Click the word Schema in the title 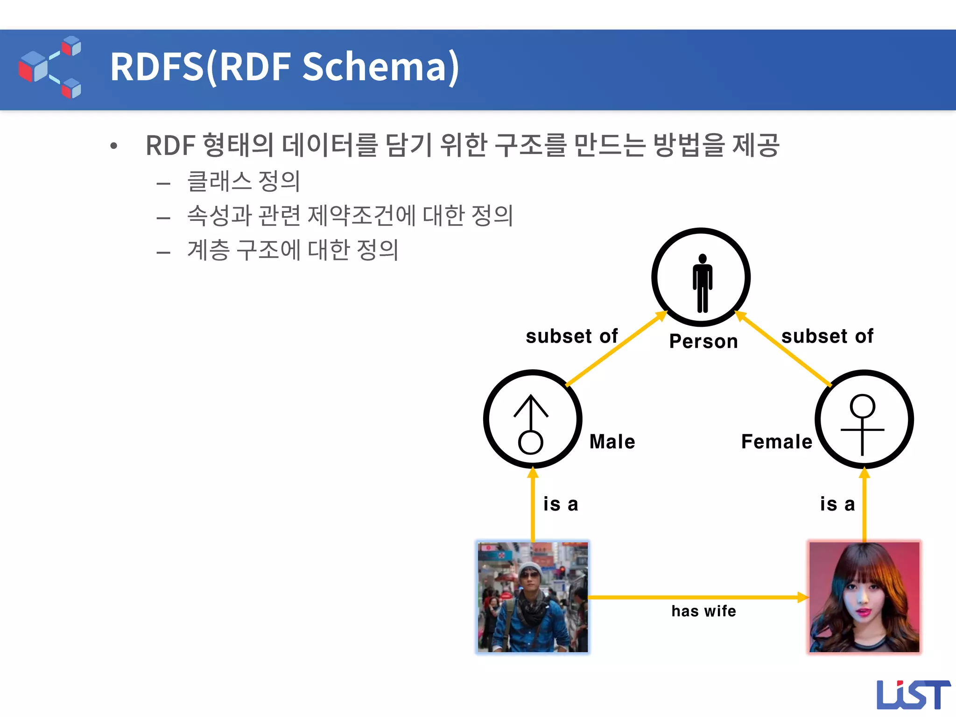pyautogui.click(x=380, y=67)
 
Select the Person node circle pyautogui.click(x=701, y=277)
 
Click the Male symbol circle pyautogui.click(x=533, y=419)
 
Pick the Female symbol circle pyautogui.click(x=864, y=419)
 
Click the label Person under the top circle pyautogui.click(x=703, y=341)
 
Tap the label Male pyautogui.click(x=612, y=442)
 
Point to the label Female pyautogui.click(x=777, y=442)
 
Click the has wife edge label pyautogui.click(x=703, y=611)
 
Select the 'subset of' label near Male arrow pyautogui.click(x=571, y=336)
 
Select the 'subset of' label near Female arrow pyautogui.click(x=827, y=336)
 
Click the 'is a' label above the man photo pyautogui.click(x=561, y=504)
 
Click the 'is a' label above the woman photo pyautogui.click(x=837, y=504)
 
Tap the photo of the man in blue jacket pyautogui.click(x=533, y=597)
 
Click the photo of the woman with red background pyautogui.click(x=864, y=597)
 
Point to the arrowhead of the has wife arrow pyautogui.click(x=803, y=597)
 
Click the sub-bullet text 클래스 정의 pyautogui.click(x=243, y=181)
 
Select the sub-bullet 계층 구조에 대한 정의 pyautogui.click(x=293, y=250)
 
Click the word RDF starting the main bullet pyautogui.click(x=170, y=145)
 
